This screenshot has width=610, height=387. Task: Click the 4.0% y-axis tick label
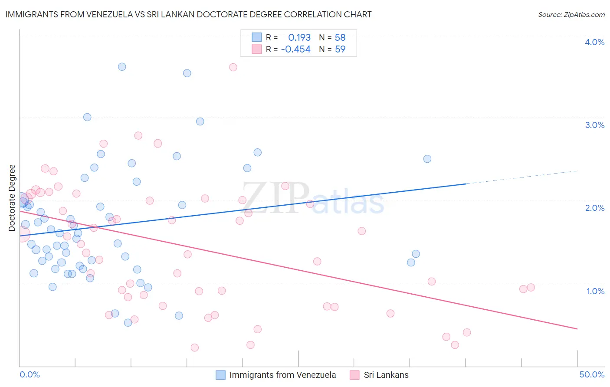[x=594, y=42]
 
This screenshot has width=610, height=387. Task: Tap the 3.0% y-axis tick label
[x=594, y=125]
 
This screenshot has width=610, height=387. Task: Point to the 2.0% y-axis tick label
[x=594, y=208]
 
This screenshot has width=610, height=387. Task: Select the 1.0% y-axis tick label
[x=595, y=291]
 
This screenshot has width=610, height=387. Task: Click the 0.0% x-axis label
[x=30, y=374]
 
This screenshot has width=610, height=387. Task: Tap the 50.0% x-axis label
[x=592, y=374]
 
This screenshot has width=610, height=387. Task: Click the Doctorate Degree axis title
[x=12, y=198]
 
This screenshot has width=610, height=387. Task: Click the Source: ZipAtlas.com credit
[x=571, y=14]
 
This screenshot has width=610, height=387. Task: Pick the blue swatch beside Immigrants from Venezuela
[x=220, y=375]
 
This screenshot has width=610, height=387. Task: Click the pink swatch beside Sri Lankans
[x=354, y=375]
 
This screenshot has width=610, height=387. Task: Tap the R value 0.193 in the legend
[x=299, y=37]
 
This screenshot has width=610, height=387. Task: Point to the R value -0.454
[x=296, y=49]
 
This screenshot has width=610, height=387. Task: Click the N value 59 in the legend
[x=340, y=49]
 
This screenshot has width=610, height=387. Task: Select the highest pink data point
[x=233, y=67]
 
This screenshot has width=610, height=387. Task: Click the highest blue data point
[x=122, y=66]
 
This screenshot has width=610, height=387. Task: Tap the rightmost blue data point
[x=427, y=159]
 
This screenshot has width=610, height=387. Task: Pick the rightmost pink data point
[x=531, y=287]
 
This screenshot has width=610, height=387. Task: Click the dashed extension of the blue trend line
[x=521, y=177]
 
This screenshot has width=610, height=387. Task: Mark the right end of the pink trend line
[x=577, y=329]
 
